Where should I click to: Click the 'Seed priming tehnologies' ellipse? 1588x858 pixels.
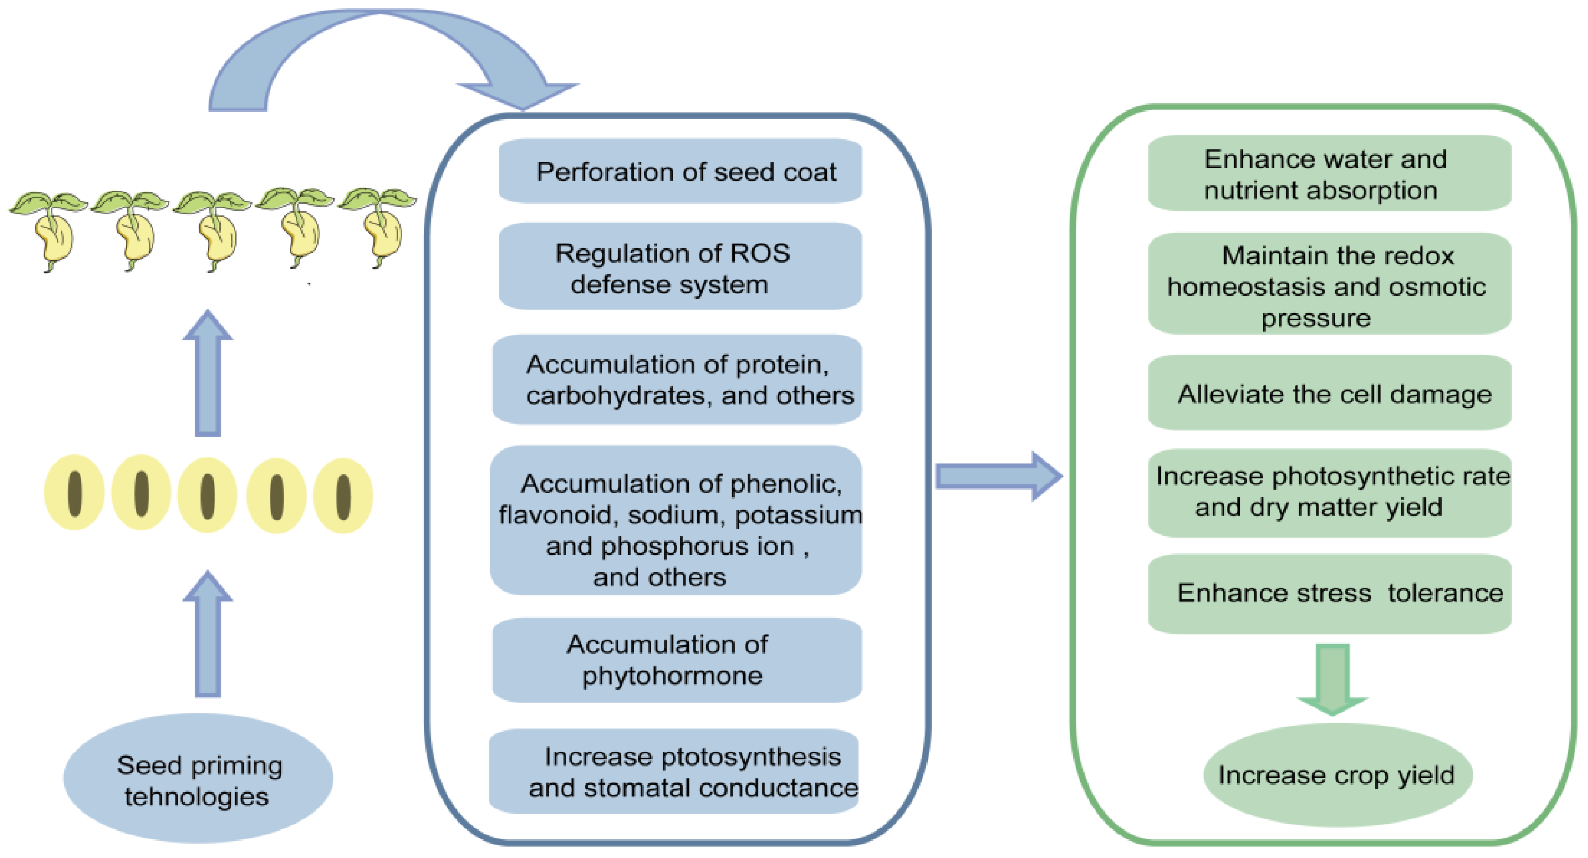coord(198,779)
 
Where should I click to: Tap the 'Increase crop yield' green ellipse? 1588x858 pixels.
coord(1336,776)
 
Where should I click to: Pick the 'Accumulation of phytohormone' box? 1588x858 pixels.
coord(676,660)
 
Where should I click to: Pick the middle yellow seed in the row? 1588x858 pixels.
coord(207,495)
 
